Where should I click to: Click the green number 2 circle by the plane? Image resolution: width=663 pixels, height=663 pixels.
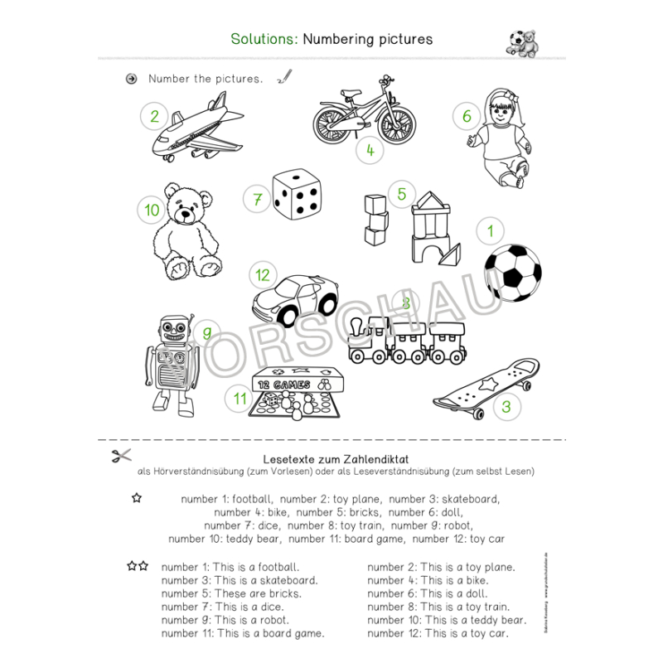154,116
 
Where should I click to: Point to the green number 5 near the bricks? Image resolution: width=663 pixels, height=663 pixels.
401,194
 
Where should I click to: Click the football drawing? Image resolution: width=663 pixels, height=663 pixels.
511,273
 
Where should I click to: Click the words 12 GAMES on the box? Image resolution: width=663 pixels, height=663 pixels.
283,385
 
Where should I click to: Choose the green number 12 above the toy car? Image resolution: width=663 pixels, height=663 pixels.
263,275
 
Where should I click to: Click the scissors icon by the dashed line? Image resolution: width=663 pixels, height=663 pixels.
121,456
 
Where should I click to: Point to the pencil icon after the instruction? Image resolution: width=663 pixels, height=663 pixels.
285,76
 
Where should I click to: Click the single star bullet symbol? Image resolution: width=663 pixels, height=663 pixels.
137,498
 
